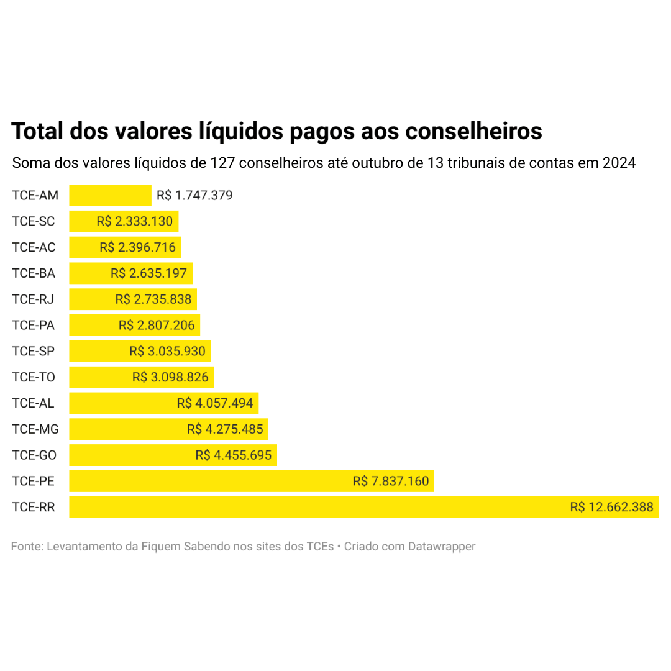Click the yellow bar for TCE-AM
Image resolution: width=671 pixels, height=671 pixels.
point(110,195)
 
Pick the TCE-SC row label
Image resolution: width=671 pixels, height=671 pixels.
point(34,221)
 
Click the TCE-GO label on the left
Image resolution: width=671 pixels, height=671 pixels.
point(34,455)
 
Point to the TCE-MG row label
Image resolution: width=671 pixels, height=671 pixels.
point(35,429)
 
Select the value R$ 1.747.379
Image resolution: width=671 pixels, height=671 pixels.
point(194,196)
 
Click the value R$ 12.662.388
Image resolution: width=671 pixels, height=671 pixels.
point(611,507)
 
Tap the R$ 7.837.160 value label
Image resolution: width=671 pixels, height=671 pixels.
point(391,481)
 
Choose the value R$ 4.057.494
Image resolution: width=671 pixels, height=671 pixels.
point(215,403)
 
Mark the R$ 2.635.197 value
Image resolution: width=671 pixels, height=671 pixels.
point(148,273)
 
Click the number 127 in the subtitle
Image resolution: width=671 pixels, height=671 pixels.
point(222,163)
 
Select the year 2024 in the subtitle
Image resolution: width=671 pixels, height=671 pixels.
point(619,163)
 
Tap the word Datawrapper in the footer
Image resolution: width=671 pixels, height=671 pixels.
point(442,547)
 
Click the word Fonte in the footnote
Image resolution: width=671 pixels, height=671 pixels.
point(25,547)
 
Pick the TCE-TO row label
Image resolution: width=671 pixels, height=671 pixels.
point(34,377)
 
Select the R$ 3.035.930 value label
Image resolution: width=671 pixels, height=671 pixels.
point(167,351)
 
